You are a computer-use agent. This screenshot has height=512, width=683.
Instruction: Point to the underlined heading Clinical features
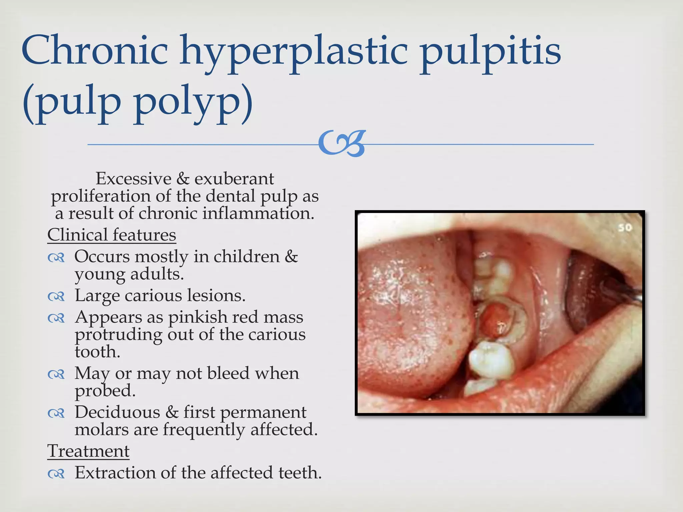tap(111, 235)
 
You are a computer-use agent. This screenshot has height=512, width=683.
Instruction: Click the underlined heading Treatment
tap(88, 451)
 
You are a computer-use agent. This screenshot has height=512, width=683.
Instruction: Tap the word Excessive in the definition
tap(133, 179)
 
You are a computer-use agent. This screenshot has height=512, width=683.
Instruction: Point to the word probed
tap(105, 391)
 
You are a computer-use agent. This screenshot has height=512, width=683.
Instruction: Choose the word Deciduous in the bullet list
tap(117, 412)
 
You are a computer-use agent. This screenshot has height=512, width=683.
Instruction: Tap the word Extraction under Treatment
tap(115, 473)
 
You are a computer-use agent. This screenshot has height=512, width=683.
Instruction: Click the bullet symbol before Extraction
tap(56, 474)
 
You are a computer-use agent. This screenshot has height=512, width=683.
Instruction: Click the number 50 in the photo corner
tap(625, 228)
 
